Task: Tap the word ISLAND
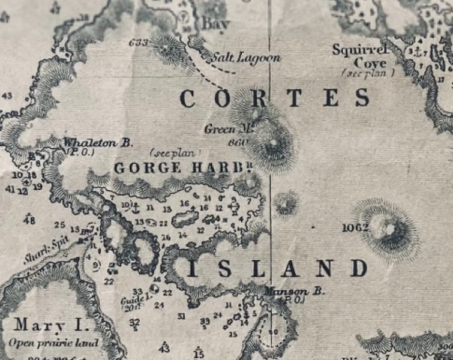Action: click(x=278, y=268)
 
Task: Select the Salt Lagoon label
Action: click(x=247, y=58)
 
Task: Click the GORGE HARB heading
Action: click(x=181, y=167)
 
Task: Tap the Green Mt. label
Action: click(x=221, y=129)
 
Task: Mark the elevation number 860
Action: click(x=238, y=143)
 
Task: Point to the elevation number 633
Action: click(x=138, y=43)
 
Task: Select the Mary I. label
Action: click(x=51, y=325)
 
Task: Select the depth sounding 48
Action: click(x=29, y=220)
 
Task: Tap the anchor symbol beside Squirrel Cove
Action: click(x=413, y=52)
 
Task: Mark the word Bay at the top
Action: click(x=215, y=24)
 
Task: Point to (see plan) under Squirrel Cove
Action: click(x=368, y=73)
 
